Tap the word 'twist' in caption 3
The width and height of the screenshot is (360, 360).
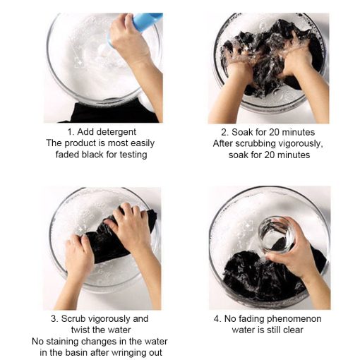80,330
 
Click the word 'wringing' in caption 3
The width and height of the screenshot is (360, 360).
128,353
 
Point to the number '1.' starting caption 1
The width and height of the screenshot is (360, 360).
71,132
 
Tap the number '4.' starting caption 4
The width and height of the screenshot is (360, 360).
217,319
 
